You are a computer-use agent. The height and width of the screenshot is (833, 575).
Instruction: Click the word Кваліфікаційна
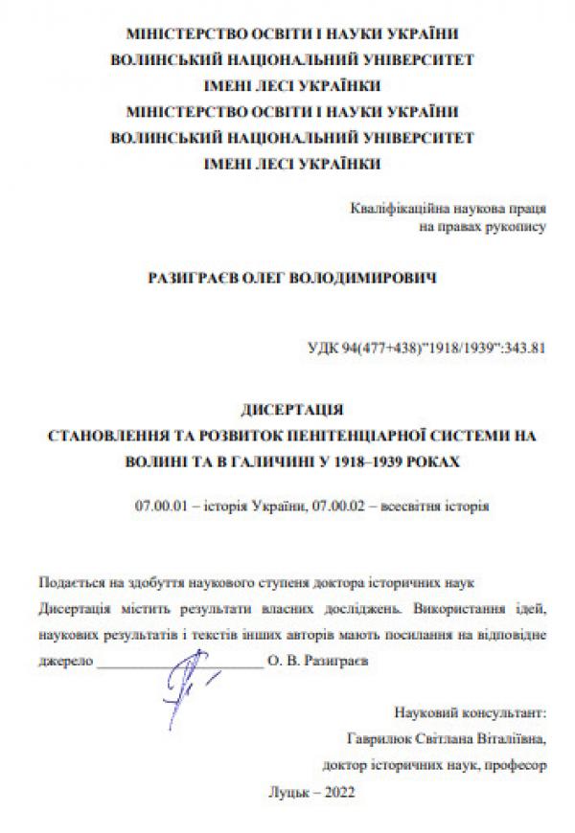pyautogui.click(x=396, y=208)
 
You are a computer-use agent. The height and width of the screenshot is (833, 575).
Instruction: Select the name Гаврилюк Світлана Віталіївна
pyautogui.click(x=448, y=739)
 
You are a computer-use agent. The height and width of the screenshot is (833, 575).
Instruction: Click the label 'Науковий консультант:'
pyautogui.click(x=470, y=713)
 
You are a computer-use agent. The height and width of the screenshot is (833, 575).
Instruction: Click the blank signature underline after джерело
pyautogui.click(x=179, y=661)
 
